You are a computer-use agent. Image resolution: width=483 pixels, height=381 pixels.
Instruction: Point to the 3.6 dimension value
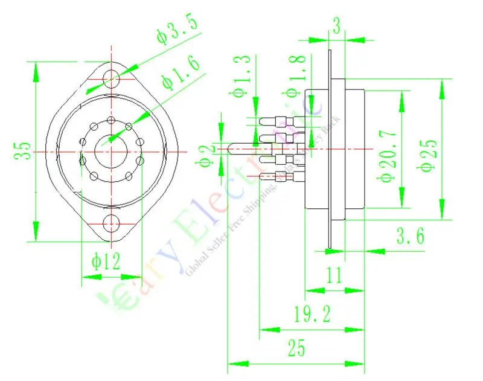pyautogui.click(x=411, y=235)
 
